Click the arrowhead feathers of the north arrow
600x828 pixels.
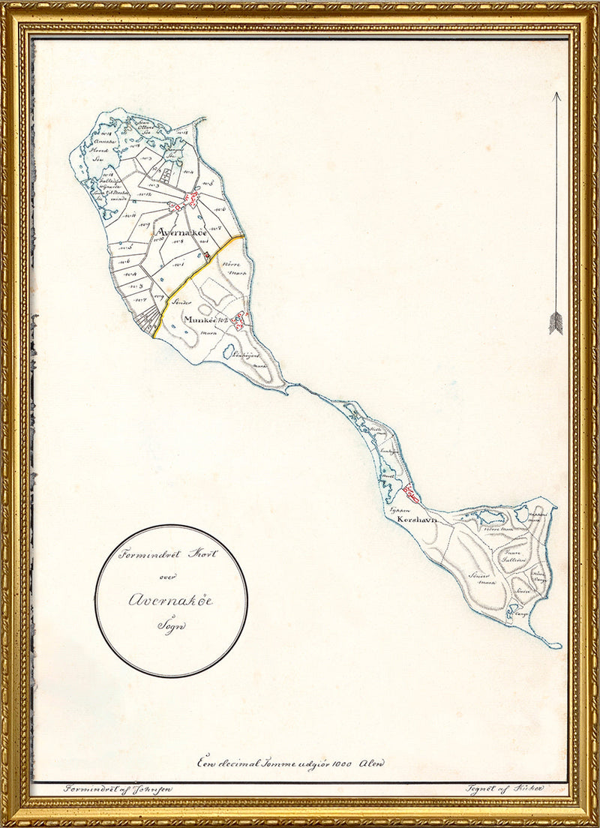[x=556, y=322]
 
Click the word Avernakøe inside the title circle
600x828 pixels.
[x=170, y=600]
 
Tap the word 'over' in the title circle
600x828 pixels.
[x=169, y=577]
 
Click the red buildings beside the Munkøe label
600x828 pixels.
[x=239, y=321]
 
